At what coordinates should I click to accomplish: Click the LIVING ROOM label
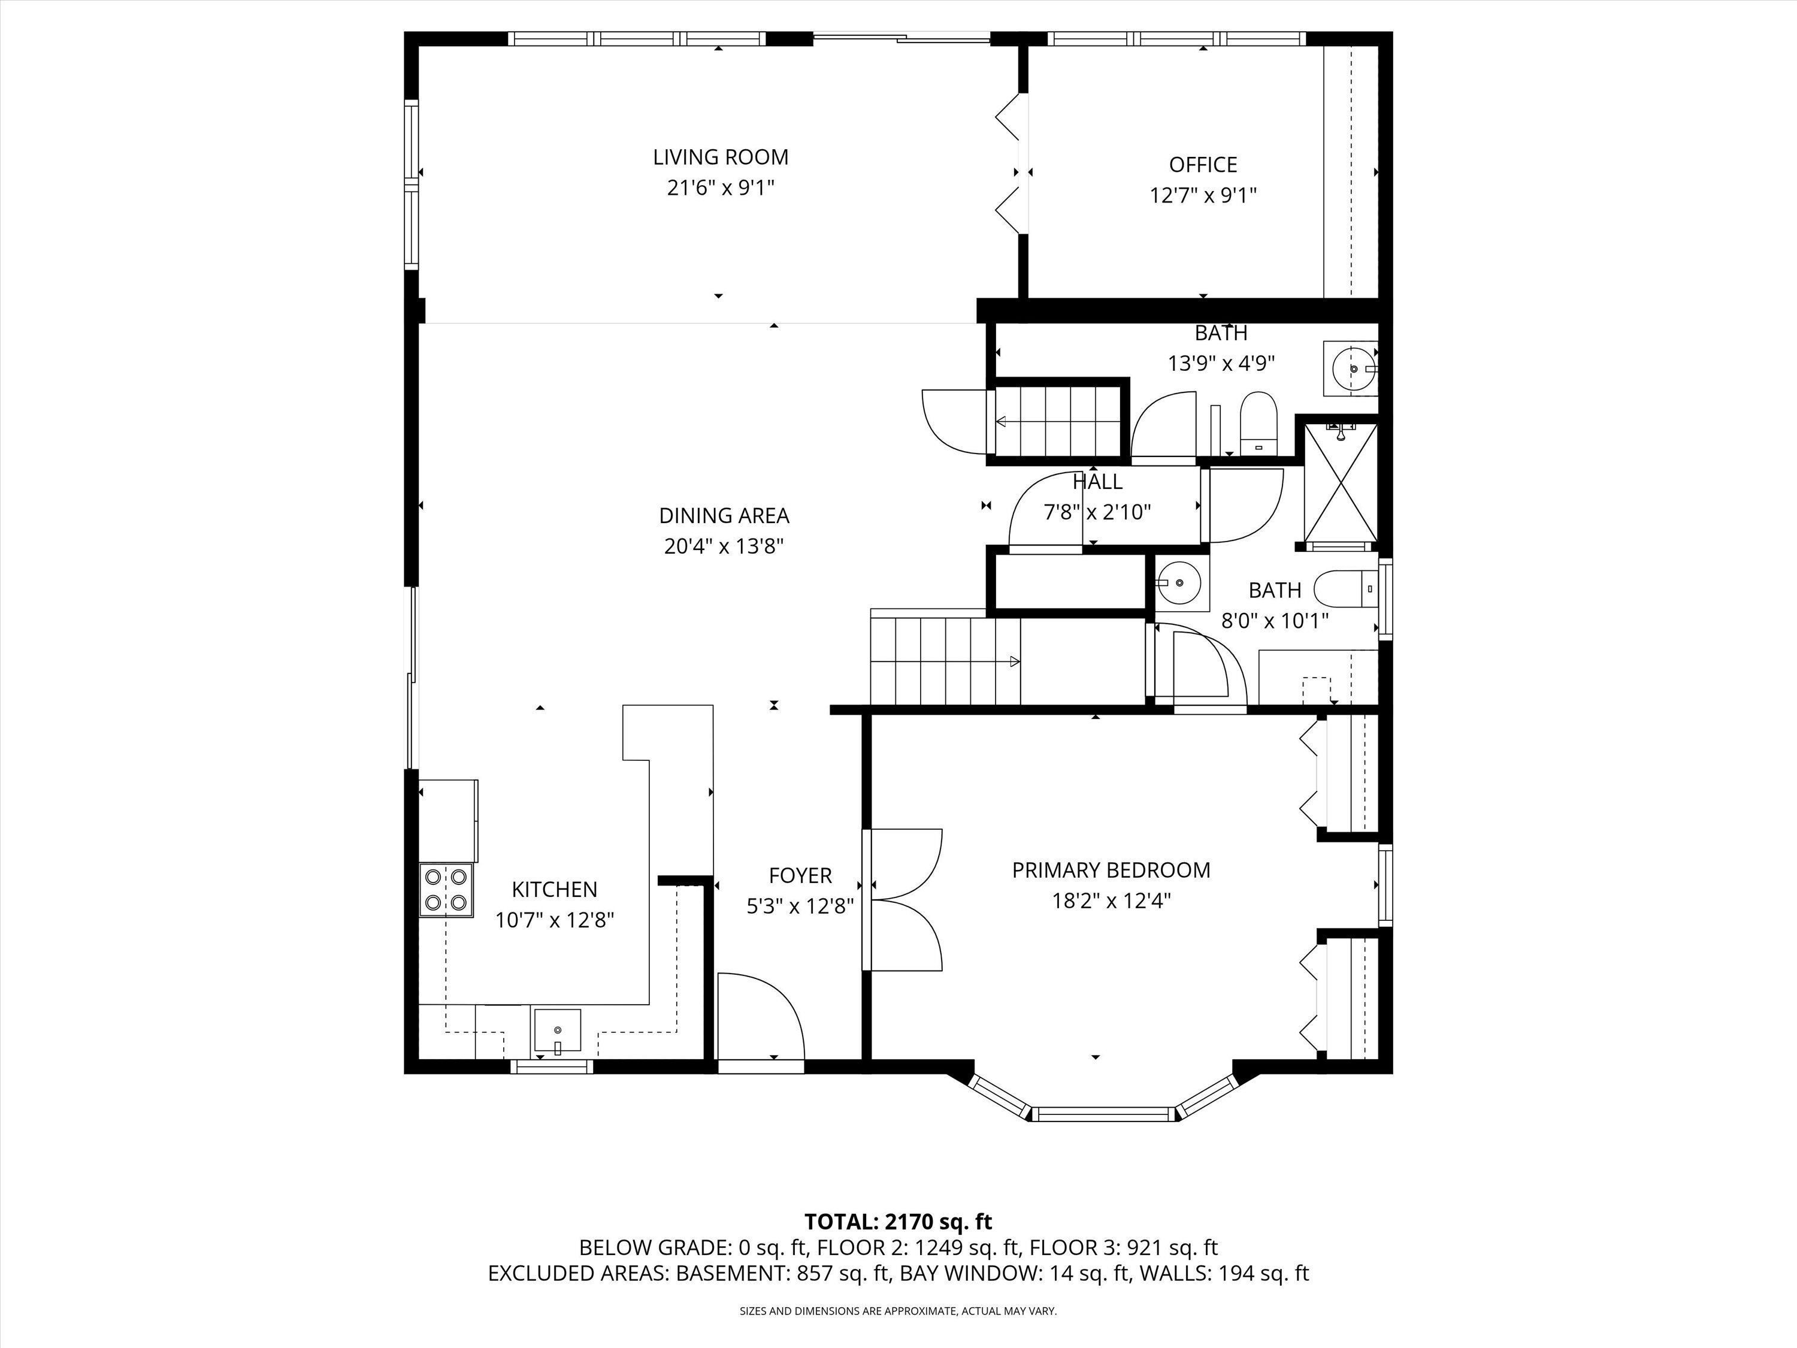(721, 157)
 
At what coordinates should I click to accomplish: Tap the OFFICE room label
(1203, 165)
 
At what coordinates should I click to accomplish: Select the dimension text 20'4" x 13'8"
(723, 546)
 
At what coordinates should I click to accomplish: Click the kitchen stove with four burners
(446, 890)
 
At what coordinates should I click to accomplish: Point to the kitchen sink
(557, 1030)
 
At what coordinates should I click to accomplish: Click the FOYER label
(800, 876)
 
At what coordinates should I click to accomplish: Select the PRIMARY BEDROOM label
(1111, 871)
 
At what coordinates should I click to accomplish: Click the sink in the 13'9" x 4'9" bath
(1352, 369)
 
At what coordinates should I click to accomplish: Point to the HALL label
(1097, 482)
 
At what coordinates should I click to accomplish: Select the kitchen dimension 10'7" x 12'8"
(554, 920)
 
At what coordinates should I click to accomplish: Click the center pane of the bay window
(1104, 1113)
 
